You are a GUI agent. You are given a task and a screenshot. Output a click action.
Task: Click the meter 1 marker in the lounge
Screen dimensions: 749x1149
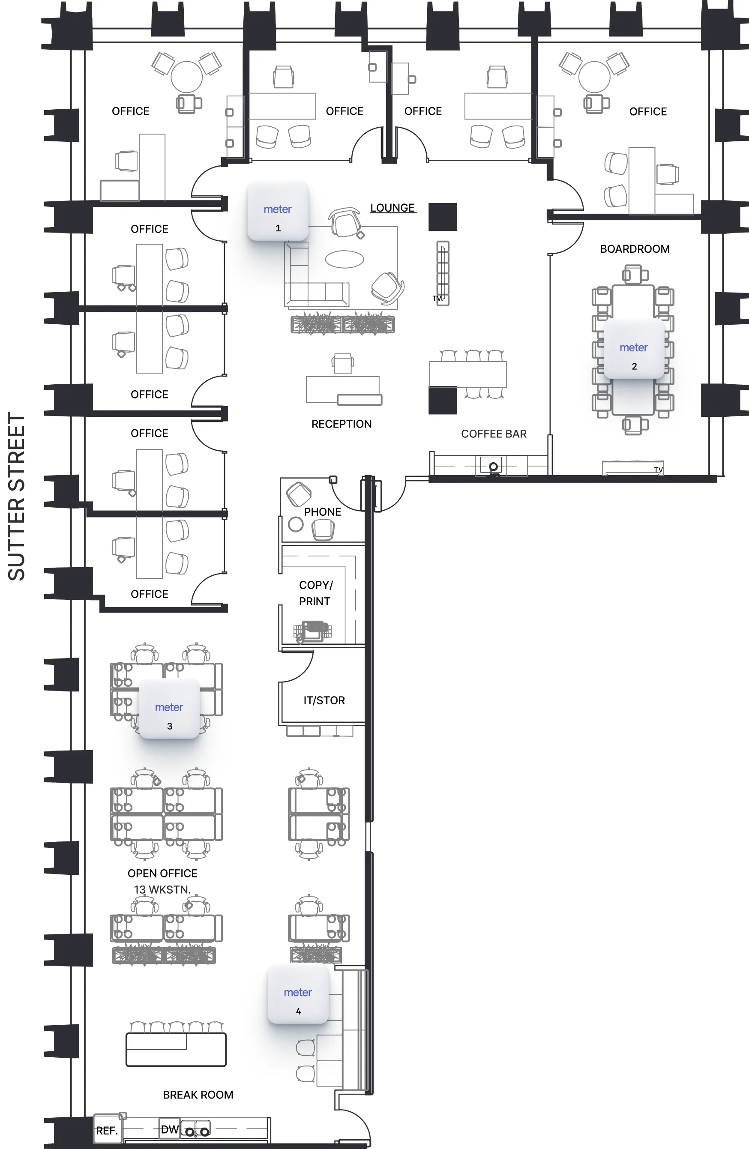[278, 211]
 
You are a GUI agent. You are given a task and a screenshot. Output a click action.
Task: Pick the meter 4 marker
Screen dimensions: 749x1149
[298, 994]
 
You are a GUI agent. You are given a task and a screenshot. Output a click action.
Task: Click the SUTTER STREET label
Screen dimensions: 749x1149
[17, 496]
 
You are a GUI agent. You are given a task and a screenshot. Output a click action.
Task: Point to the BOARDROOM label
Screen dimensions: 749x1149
[635, 249]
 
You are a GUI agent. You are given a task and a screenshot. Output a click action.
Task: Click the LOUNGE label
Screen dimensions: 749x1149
[392, 208]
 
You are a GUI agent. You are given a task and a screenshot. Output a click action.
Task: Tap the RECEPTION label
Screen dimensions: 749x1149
[342, 424]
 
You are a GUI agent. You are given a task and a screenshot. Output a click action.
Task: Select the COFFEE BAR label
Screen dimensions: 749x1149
[494, 434]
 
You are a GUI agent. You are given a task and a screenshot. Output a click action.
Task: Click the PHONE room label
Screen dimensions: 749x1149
[323, 512]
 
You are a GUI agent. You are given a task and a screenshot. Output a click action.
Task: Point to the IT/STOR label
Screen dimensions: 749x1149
[324, 700]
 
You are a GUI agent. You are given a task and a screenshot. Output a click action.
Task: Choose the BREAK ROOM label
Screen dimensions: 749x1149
[198, 1095]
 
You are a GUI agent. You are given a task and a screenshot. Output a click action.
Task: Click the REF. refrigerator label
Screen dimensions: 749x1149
[107, 1131]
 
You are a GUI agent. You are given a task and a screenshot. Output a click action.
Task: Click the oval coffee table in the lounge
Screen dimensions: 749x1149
[345, 259]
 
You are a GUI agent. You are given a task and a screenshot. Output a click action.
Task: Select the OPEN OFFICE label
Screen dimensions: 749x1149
[162, 874]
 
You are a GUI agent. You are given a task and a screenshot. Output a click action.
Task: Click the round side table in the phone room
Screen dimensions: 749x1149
[296, 524]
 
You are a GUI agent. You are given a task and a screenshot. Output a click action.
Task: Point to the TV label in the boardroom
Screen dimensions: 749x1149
[658, 470]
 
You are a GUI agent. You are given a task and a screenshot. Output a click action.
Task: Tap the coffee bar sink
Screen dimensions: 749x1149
[493, 467]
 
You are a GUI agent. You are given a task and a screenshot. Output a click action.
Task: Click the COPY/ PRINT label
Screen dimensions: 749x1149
[316, 593]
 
